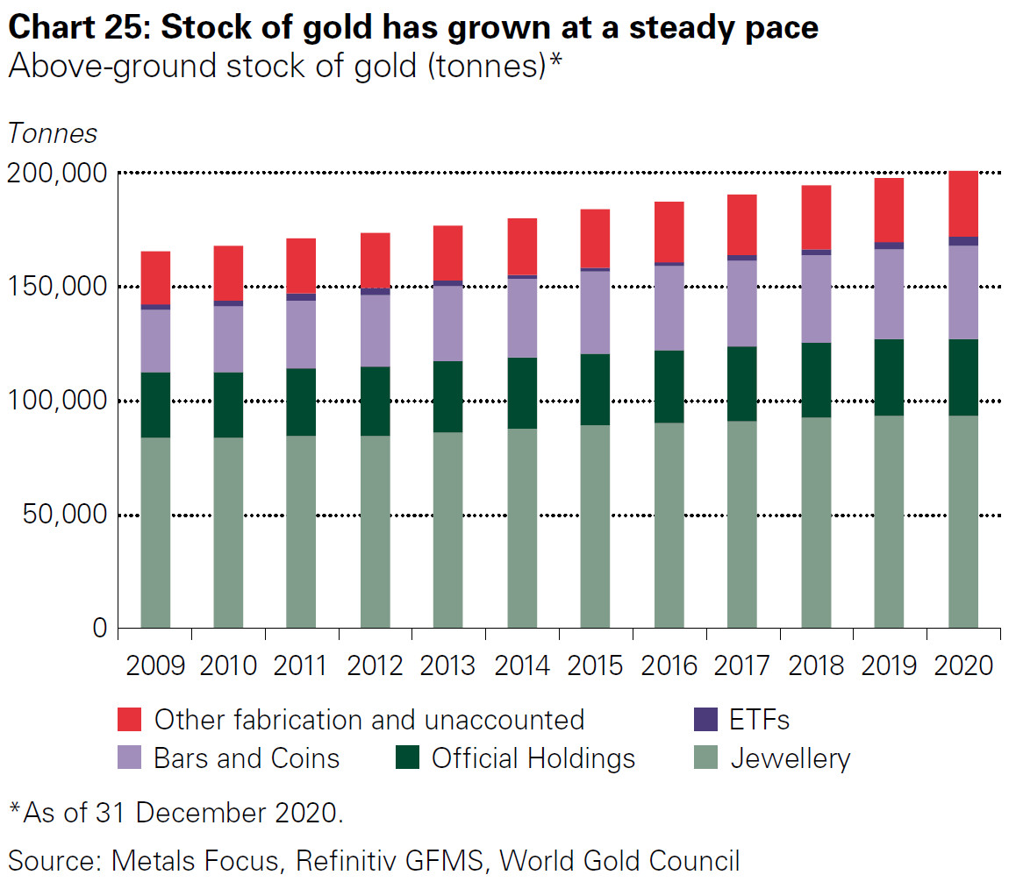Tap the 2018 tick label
(x=817, y=665)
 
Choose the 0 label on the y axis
(x=99, y=629)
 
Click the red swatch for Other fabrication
(x=130, y=720)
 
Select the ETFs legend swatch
(x=705, y=720)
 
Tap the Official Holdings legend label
(x=533, y=758)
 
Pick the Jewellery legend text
(x=791, y=758)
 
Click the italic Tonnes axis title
(x=53, y=133)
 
